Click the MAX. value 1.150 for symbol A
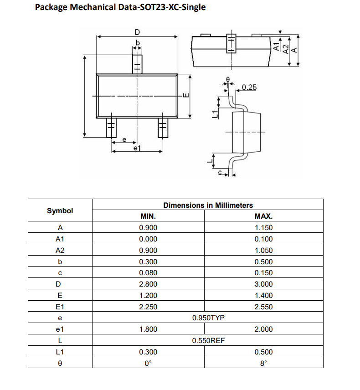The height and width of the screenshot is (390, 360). point(263,228)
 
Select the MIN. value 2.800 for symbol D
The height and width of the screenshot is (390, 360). point(148,284)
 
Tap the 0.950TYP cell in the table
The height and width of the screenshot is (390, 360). point(208,318)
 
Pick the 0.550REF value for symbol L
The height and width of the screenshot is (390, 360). point(208,340)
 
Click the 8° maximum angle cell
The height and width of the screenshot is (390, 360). point(263,364)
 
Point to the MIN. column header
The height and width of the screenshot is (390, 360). point(148,216)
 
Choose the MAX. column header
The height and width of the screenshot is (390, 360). point(263,216)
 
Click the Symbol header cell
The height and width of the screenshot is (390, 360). point(60,211)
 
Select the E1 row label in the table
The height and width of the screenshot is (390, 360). point(60,307)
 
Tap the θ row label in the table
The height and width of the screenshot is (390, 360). point(60,364)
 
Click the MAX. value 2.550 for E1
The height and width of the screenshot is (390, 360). point(263,307)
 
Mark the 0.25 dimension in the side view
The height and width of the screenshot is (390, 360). point(249,87)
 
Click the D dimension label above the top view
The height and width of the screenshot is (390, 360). point(137,32)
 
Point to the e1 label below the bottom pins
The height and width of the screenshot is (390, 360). point(137,148)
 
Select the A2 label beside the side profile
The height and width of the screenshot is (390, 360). point(286,49)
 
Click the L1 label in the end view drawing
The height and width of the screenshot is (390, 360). point(215,114)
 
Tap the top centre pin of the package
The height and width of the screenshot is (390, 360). point(137,64)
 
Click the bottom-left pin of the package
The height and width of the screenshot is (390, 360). point(111,128)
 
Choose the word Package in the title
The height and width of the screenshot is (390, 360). point(51,7)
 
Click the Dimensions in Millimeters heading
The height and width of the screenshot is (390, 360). point(208,205)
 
